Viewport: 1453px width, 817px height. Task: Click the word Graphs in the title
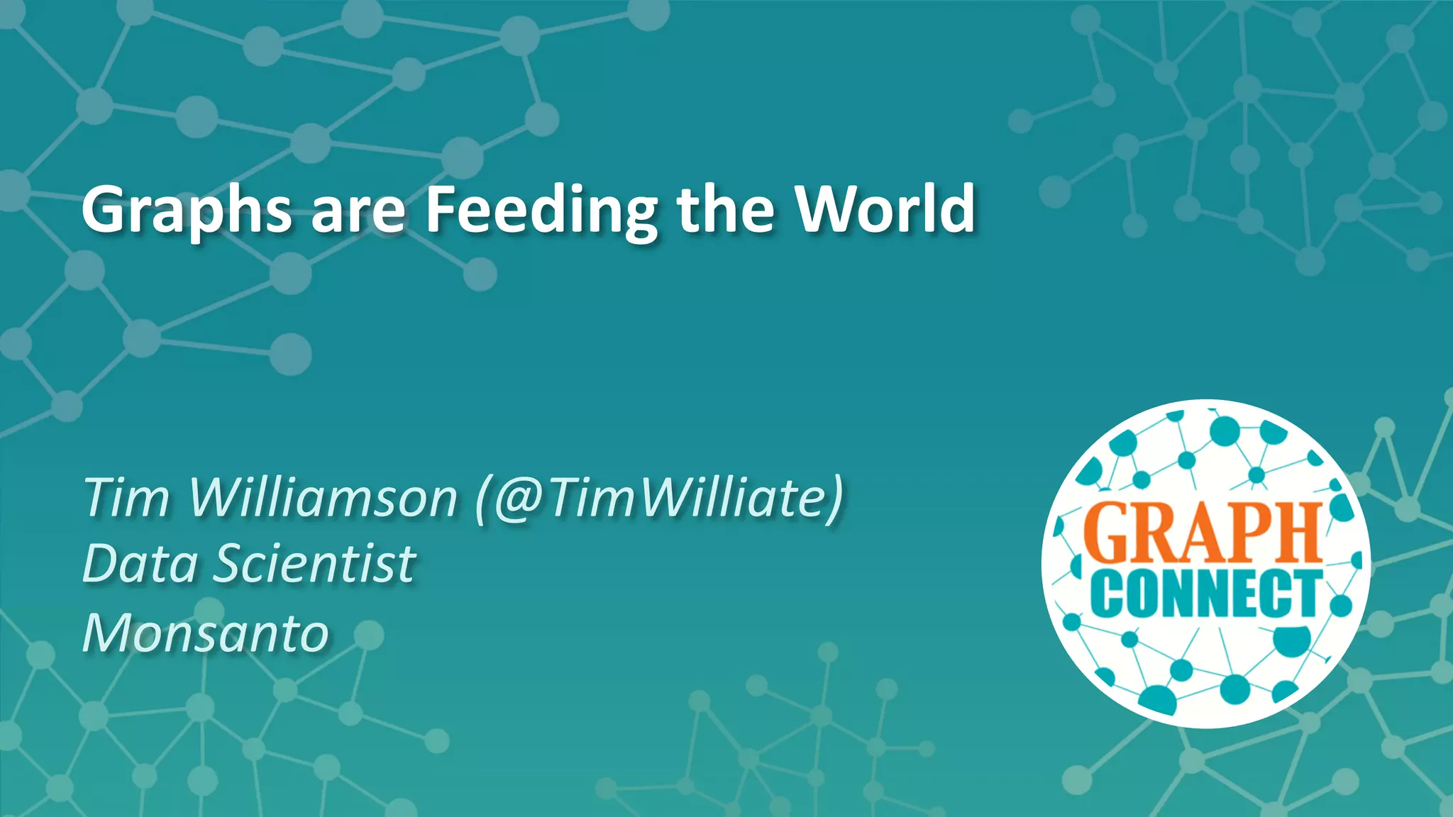coord(186,210)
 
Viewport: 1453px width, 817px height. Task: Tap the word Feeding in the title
coord(542,210)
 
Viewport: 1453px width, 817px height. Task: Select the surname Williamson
coord(323,498)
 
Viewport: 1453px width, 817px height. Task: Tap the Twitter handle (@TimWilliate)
coord(661,498)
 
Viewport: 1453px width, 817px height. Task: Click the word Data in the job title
coord(140,565)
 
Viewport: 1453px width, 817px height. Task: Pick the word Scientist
coord(315,565)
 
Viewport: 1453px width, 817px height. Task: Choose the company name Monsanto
coord(206,633)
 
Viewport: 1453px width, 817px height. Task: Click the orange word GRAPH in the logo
coord(1201,533)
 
